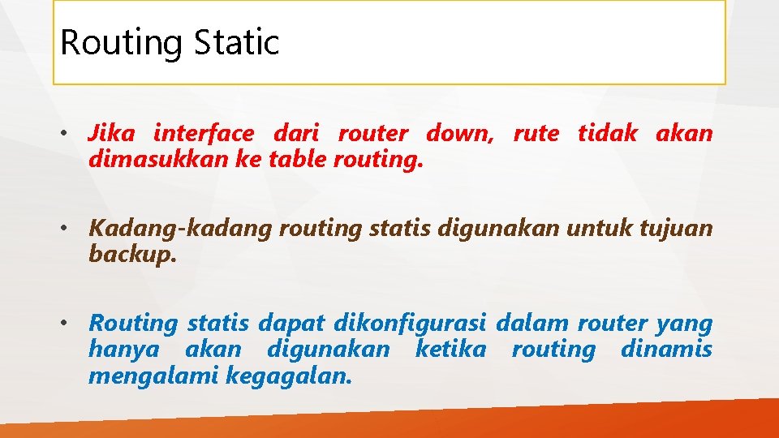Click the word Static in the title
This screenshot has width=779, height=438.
(x=237, y=42)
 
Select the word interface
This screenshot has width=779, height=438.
(x=203, y=133)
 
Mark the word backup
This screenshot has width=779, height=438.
(x=132, y=255)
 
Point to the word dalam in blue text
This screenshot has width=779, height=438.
(x=532, y=323)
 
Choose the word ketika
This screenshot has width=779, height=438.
(x=450, y=350)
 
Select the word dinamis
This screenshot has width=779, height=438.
(x=666, y=350)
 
